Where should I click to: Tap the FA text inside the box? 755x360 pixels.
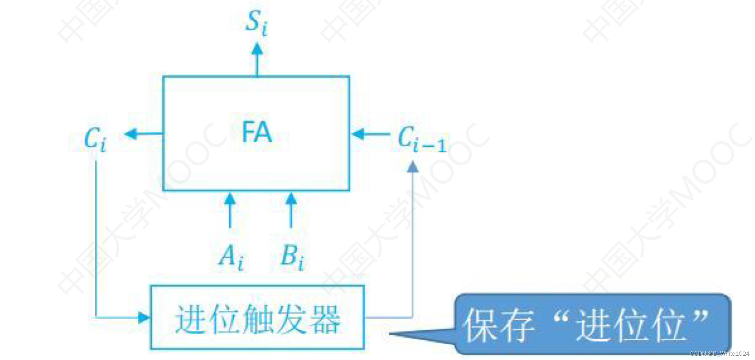tap(256, 132)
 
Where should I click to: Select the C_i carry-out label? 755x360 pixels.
tap(95, 140)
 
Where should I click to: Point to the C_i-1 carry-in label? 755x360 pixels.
tap(422, 140)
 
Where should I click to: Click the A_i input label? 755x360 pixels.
tap(231, 257)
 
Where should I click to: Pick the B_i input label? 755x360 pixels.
tap(292, 257)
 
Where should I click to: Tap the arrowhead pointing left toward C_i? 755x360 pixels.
tap(131, 134)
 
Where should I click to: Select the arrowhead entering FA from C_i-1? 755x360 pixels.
tap(358, 134)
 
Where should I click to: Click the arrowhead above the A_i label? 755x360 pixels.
tap(230, 199)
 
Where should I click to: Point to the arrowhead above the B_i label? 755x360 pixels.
tap(291, 199)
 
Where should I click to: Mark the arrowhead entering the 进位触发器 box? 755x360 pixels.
tap(144, 317)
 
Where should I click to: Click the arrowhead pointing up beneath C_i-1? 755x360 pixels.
tap(413, 166)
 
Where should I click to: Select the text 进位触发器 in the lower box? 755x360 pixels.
tap(257, 319)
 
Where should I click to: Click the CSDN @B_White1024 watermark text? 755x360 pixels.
tap(719, 354)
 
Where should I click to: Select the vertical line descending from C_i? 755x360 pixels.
tap(96, 238)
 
